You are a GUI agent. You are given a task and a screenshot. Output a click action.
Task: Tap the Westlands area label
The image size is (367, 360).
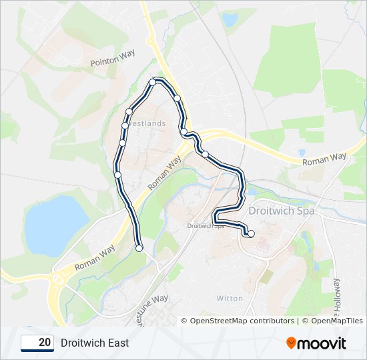(x=147, y=124)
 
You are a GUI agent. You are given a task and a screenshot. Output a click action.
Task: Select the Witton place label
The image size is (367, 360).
(x=230, y=298)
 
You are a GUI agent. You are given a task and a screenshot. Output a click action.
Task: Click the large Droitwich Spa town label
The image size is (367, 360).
(x=281, y=211)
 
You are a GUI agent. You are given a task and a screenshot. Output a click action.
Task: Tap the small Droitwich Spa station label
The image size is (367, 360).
(x=205, y=226)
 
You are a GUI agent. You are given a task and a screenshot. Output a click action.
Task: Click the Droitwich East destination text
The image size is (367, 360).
(x=95, y=343)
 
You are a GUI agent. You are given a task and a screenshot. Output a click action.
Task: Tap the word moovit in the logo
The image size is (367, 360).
(x=322, y=343)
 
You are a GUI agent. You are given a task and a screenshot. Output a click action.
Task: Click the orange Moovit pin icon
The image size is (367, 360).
(x=292, y=343)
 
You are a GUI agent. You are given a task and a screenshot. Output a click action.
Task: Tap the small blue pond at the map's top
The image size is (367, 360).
(x=230, y=21)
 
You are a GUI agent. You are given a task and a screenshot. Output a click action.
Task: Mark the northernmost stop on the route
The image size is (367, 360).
(x=153, y=82)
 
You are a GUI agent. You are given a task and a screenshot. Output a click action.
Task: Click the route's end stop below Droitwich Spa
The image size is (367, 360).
(x=251, y=233)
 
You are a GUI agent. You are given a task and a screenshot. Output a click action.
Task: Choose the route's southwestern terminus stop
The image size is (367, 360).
(x=139, y=248)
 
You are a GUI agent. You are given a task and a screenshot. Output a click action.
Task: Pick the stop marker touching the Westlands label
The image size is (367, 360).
(x=125, y=125)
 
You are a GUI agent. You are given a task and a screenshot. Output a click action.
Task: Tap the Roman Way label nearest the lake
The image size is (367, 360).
(x=95, y=257)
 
